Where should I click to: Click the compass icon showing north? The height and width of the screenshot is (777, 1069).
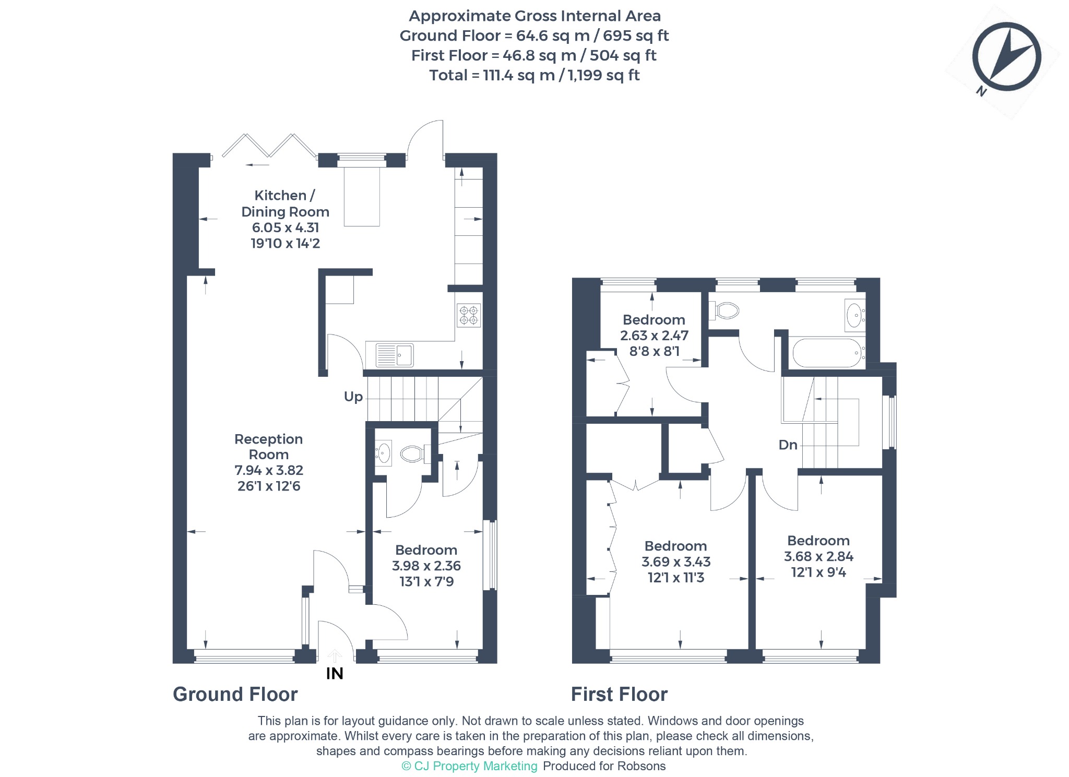1006,58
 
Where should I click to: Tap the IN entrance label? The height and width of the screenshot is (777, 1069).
335,674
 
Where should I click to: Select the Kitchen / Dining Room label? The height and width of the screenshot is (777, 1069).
285,204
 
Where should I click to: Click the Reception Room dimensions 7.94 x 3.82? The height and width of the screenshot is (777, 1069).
269,470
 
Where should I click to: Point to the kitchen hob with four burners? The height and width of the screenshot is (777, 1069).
469,315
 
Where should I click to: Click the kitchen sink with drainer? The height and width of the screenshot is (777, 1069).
395,355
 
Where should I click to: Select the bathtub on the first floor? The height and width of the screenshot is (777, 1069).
827,353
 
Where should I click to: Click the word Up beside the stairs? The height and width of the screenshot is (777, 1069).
353,397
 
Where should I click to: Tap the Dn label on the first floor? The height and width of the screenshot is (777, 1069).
788,445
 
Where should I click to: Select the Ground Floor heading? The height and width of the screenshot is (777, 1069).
235,695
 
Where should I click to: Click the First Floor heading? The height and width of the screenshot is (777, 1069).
620,695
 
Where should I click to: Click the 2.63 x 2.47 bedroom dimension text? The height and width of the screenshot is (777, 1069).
654,336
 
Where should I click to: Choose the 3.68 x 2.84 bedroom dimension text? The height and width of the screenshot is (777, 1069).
818,556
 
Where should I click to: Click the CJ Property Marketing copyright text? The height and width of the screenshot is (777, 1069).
469,766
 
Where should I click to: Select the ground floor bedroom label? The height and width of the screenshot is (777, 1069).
426,550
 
